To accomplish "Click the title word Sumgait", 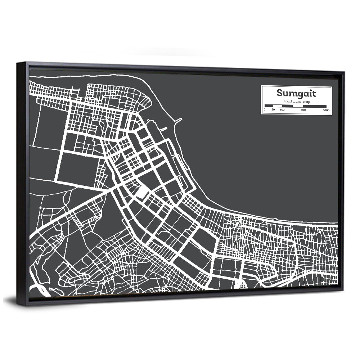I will click(x=296, y=94).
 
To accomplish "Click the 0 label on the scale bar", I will click(x=265, y=110).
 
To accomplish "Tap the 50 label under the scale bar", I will click(x=273, y=110).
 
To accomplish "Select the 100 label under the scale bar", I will click(x=282, y=110).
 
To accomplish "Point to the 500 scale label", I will click(x=303, y=110).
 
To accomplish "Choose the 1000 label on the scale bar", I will click(x=326, y=110).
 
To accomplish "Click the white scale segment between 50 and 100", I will click(x=277, y=106).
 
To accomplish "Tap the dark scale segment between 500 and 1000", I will click(x=315, y=106).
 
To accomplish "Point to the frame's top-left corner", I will click(x=17, y=63).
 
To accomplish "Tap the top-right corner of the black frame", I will click(x=344, y=72).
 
